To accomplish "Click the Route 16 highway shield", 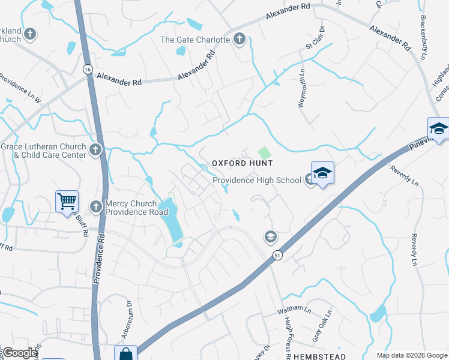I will pyautogui.click(x=88, y=70).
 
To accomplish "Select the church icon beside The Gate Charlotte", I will pyautogui.click(x=240, y=40).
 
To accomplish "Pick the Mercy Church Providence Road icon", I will pyautogui.click(x=95, y=207).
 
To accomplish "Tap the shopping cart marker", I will pyautogui.click(x=67, y=201).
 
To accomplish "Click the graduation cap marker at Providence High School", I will pyautogui.click(x=322, y=173).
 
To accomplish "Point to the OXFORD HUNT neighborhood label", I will pyautogui.click(x=241, y=163).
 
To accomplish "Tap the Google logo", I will pyautogui.click(x=19, y=353).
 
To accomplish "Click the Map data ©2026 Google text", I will pyautogui.click(x=412, y=355).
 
